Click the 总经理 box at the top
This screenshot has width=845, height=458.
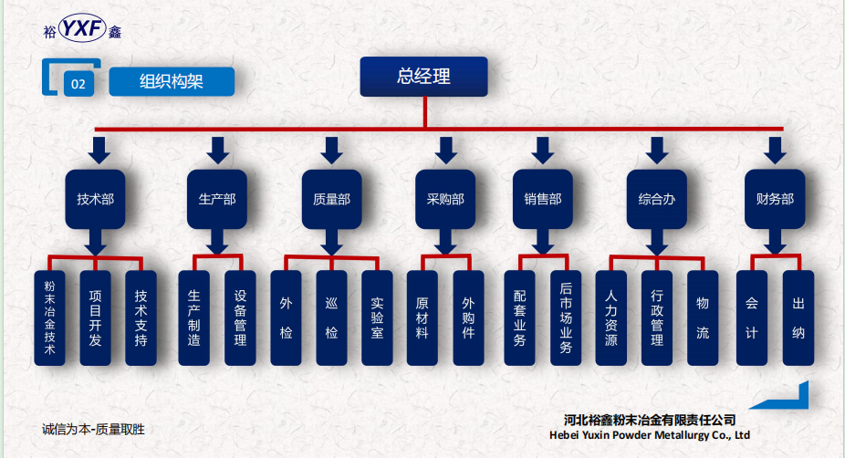click(x=423, y=77)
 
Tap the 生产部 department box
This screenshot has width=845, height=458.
click(x=217, y=198)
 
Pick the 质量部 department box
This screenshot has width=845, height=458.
click(x=331, y=198)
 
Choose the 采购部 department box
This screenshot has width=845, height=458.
click(x=445, y=198)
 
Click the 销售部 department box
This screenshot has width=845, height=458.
click(x=543, y=198)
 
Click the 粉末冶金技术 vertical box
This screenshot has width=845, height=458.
click(x=49, y=318)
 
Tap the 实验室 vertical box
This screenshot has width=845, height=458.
click(x=377, y=318)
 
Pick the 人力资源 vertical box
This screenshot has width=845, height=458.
click(x=611, y=318)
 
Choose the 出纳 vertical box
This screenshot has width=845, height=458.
click(x=798, y=318)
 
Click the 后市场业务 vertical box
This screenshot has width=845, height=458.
click(x=566, y=318)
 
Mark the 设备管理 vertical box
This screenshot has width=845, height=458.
click(x=240, y=318)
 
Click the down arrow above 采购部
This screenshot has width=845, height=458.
click(x=445, y=149)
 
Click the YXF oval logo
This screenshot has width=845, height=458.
click(x=81, y=30)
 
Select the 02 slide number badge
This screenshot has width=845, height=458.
click(x=78, y=85)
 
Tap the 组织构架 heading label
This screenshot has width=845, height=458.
click(x=172, y=82)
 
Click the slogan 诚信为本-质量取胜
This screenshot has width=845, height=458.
click(x=94, y=428)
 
